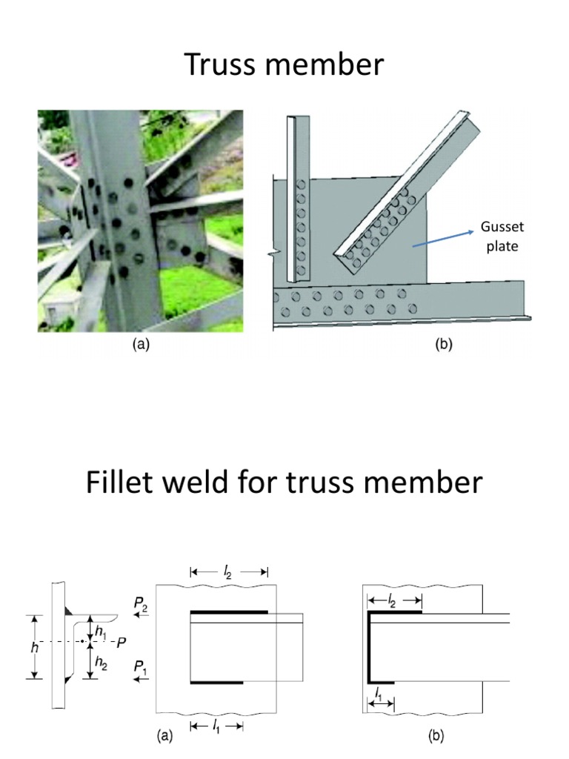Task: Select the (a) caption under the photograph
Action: point(140,345)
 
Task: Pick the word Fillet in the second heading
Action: point(124,483)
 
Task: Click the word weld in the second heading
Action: point(214,483)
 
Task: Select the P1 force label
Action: point(141,668)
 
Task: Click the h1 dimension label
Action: point(101,632)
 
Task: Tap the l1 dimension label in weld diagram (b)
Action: point(379,695)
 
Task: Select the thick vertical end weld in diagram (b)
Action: point(370,647)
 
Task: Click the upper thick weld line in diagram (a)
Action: point(228,612)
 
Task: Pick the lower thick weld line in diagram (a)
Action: point(216,681)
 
